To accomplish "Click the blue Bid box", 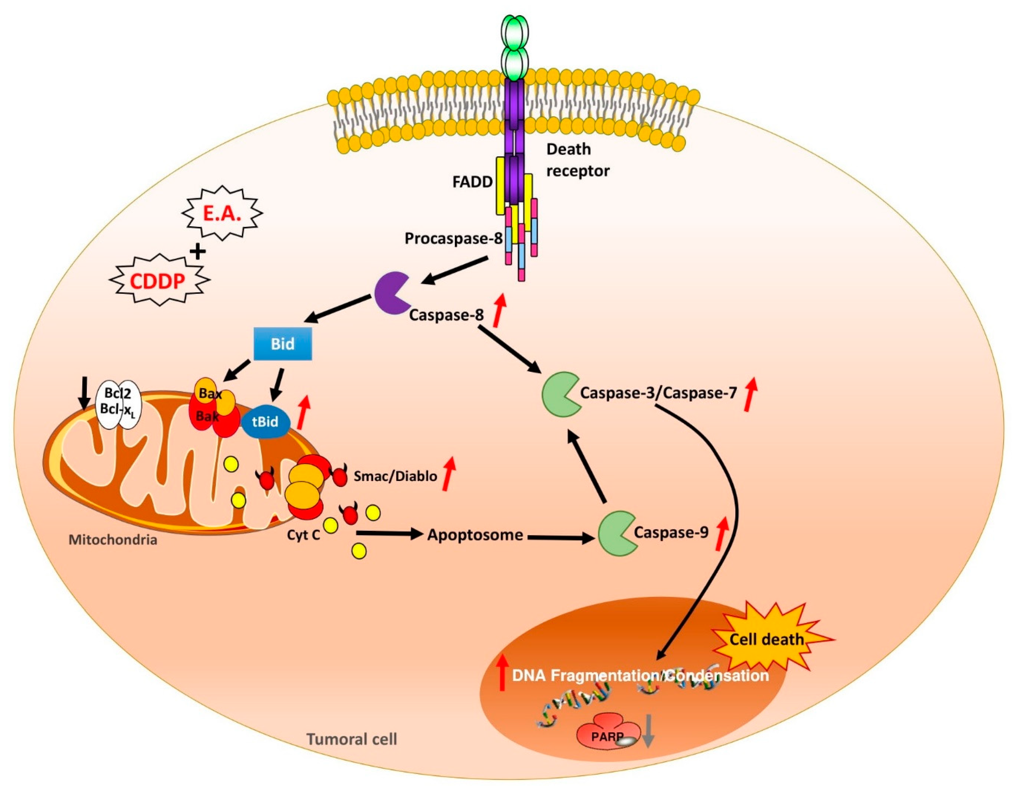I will (x=282, y=344).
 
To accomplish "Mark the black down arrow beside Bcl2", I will (x=84, y=393).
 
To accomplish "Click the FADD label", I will (x=472, y=182).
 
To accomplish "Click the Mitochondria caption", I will (x=113, y=540).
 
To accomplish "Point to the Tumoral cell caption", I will (x=352, y=739).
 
